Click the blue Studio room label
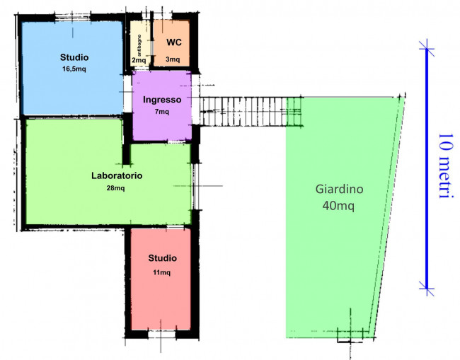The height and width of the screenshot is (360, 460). (x=74, y=57)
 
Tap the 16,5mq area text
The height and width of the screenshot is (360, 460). (x=74, y=69)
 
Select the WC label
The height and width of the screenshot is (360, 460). (x=174, y=42)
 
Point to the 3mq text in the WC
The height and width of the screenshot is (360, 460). (x=173, y=59)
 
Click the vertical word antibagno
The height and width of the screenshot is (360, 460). (x=139, y=45)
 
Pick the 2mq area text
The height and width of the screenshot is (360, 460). (x=139, y=60)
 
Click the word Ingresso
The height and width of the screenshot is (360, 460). (x=162, y=100)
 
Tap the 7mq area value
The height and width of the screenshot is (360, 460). (x=162, y=112)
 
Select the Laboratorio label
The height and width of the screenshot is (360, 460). (x=117, y=175)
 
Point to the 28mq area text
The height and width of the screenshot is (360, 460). (x=115, y=188)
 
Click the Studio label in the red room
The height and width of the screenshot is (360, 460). (x=162, y=258)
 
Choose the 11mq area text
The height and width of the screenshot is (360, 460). (x=161, y=272)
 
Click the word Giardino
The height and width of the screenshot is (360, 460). (x=339, y=189)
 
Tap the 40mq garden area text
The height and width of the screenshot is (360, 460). (x=338, y=206)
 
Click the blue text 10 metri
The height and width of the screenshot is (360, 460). (x=446, y=166)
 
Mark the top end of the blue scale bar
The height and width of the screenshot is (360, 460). (x=427, y=48)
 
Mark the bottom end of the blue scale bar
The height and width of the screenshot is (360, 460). (x=427, y=289)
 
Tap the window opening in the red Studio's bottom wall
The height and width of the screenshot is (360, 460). (x=161, y=335)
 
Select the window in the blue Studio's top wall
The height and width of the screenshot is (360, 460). (x=72, y=17)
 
